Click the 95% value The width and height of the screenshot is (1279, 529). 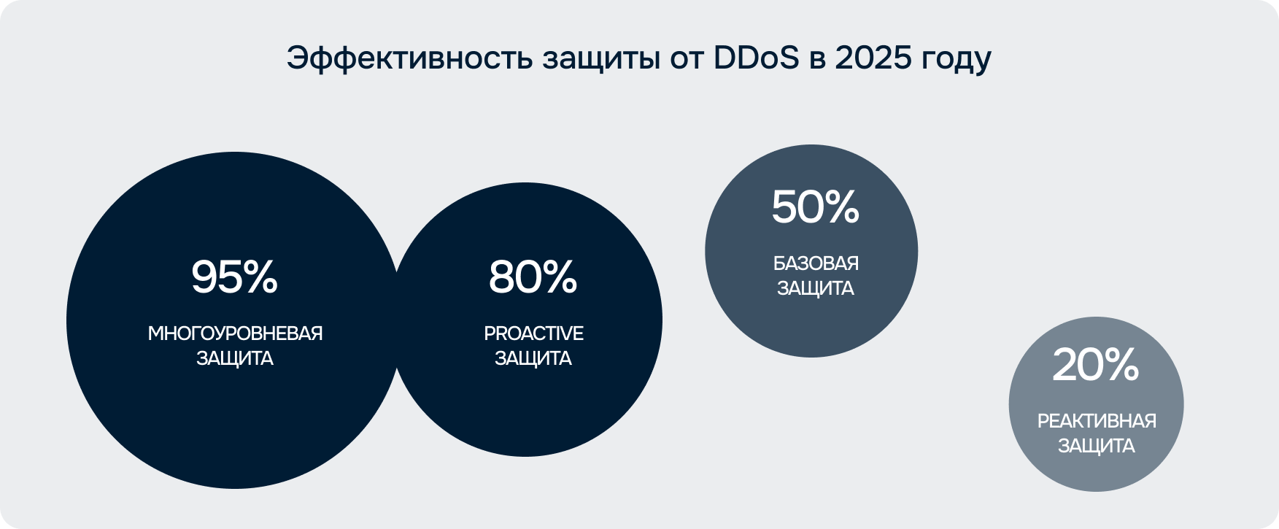tap(234, 277)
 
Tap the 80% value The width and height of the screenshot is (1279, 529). tap(533, 277)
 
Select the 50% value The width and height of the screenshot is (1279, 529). tap(815, 207)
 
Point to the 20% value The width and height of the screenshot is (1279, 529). tap(1095, 365)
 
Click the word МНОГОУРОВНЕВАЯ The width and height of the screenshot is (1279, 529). tap(235, 333)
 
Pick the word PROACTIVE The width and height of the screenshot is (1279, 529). tap(533, 333)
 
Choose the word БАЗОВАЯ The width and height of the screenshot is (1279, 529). tap(816, 263)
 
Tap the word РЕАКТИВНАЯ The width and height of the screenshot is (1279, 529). tap(1097, 421)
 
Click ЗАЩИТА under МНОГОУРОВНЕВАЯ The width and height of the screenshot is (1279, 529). tap(235, 358)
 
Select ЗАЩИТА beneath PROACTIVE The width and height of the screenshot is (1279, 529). tap(533, 358)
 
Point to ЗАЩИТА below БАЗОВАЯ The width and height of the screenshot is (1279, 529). tap(815, 288)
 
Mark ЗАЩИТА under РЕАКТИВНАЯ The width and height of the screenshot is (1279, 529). tap(1097, 446)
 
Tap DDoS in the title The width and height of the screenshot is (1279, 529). tap(757, 58)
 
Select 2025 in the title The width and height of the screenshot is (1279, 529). tap(873, 58)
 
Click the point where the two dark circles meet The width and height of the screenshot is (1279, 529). tap(396, 320)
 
